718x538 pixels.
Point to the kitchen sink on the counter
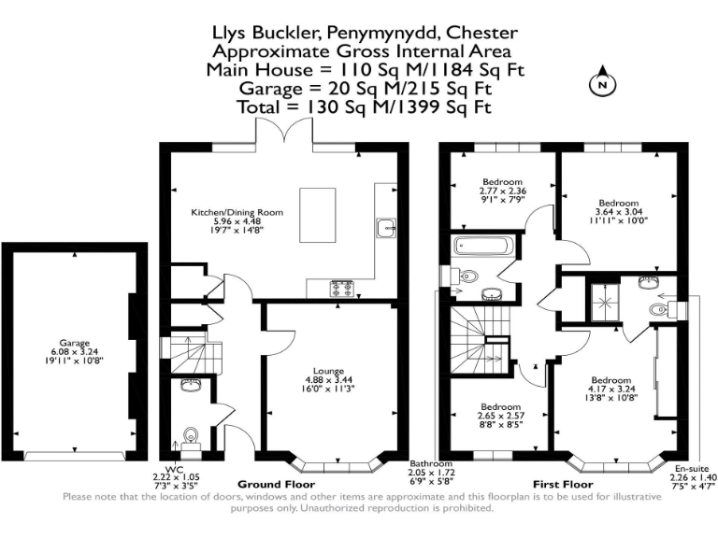click(x=385, y=225)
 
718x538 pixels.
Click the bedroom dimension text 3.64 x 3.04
click(x=618, y=212)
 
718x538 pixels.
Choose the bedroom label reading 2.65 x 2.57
click(x=500, y=416)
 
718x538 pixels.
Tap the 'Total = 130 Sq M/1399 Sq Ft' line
click(x=362, y=106)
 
